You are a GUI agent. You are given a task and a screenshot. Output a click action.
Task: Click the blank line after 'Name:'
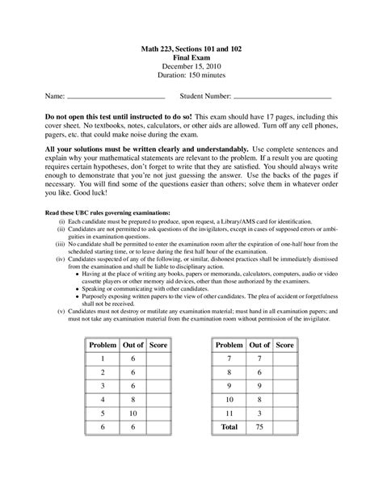(x=115, y=97)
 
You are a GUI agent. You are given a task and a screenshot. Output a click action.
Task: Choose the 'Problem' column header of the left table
(x=102, y=345)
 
